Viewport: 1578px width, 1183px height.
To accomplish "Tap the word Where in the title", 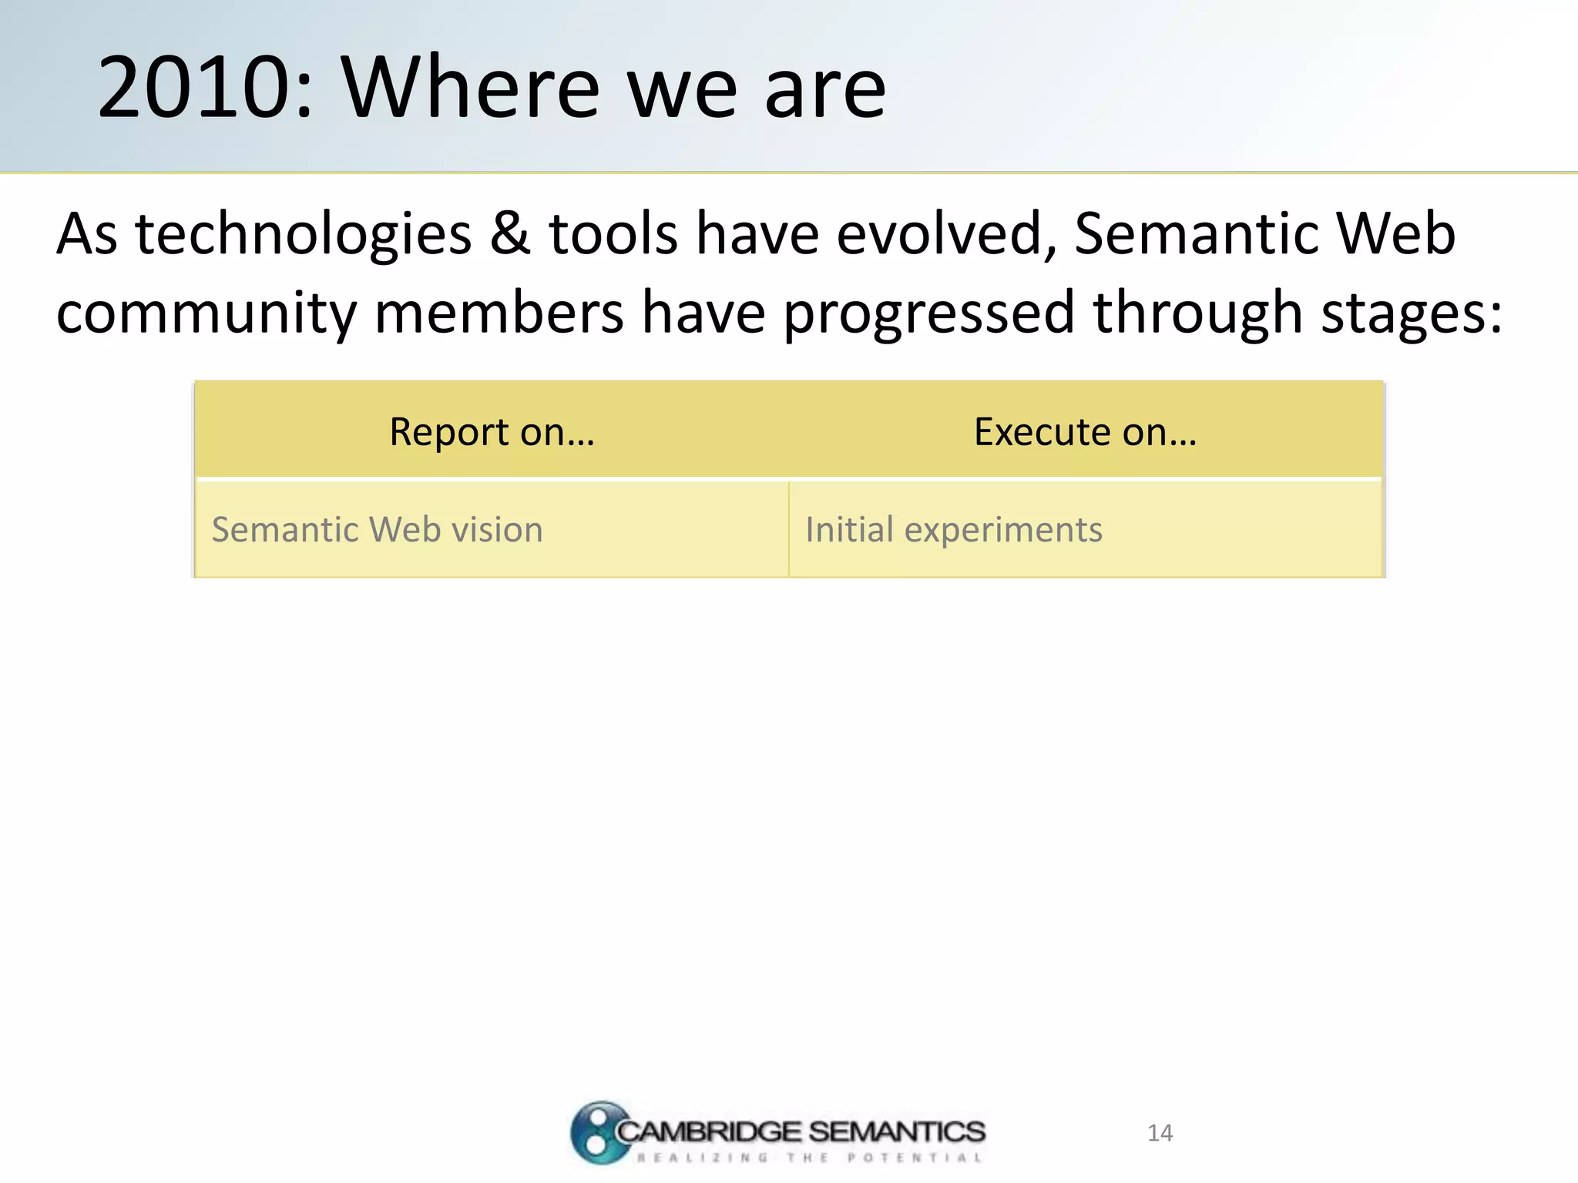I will (x=470, y=88).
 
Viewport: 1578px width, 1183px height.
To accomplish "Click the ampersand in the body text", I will (x=510, y=233).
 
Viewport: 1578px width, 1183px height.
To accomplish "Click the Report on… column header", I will (x=492, y=431).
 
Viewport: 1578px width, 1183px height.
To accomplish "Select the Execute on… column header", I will (x=1085, y=431).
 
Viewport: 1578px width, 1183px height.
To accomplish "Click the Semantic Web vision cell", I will (x=378, y=530).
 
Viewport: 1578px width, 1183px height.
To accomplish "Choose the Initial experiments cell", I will (x=954, y=530).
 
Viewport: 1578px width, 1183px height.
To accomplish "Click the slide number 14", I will (x=1160, y=1133).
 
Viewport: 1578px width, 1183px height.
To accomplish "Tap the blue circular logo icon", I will (x=597, y=1132).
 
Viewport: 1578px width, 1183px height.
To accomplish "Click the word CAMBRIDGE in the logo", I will (x=709, y=1131).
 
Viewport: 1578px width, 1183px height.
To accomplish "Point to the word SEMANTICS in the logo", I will (x=897, y=1131).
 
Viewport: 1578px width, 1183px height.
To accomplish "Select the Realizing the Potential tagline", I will (x=809, y=1158).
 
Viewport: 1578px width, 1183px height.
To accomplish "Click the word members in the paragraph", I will (x=499, y=313).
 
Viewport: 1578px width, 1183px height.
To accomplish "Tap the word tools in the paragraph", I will (x=613, y=233).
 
